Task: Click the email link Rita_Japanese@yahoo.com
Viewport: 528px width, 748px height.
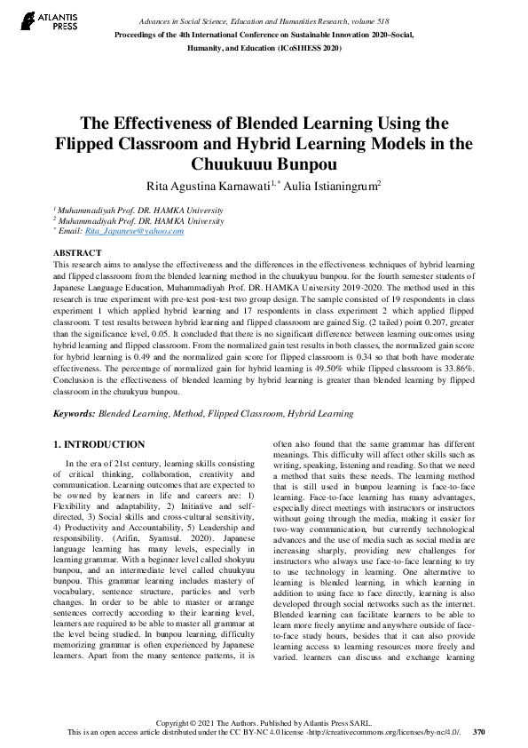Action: (x=134, y=231)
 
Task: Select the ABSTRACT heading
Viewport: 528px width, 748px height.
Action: (x=77, y=253)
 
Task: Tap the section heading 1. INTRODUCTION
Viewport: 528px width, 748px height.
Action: (x=98, y=444)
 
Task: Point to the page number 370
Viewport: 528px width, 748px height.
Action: (x=479, y=734)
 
